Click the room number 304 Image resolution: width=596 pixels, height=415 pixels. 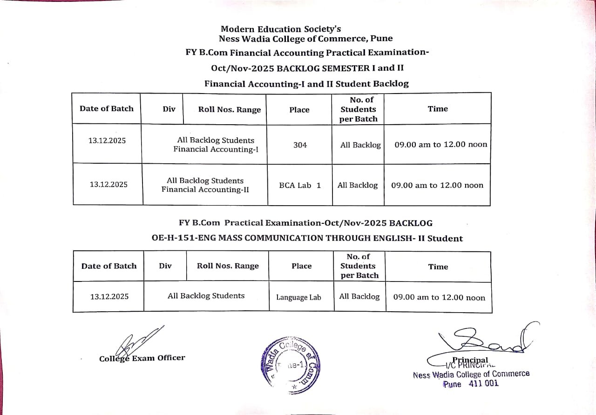click(300, 145)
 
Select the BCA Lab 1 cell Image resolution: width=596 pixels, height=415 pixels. click(300, 185)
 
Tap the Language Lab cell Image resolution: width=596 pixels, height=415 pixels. click(298, 297)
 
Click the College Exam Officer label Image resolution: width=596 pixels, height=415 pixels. click(142, 358)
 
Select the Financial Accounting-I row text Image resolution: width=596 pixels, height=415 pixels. click(216, 145)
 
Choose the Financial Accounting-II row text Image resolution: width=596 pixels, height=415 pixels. click(205, 185)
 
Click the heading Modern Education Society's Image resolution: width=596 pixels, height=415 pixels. click(281, 29)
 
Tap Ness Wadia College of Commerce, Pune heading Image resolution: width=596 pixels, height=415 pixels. click(305, 39)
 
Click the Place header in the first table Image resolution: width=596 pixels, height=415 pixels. click(299, 110)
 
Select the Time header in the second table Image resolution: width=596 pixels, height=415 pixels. click(438, 267)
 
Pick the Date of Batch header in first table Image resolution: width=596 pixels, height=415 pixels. click(106, 108)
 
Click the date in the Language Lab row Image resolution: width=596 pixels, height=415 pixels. click(109, 296)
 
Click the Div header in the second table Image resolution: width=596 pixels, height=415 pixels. click(165, 266)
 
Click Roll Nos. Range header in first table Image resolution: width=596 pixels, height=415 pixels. click(230, 110)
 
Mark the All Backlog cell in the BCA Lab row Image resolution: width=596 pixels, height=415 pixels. click(358, 185)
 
